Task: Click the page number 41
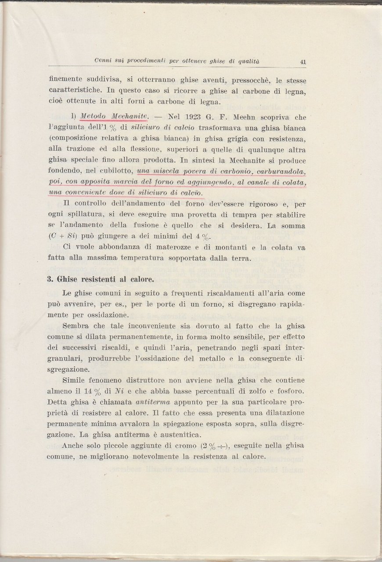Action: coord(303,62)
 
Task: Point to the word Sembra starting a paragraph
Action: coord(75,326)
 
